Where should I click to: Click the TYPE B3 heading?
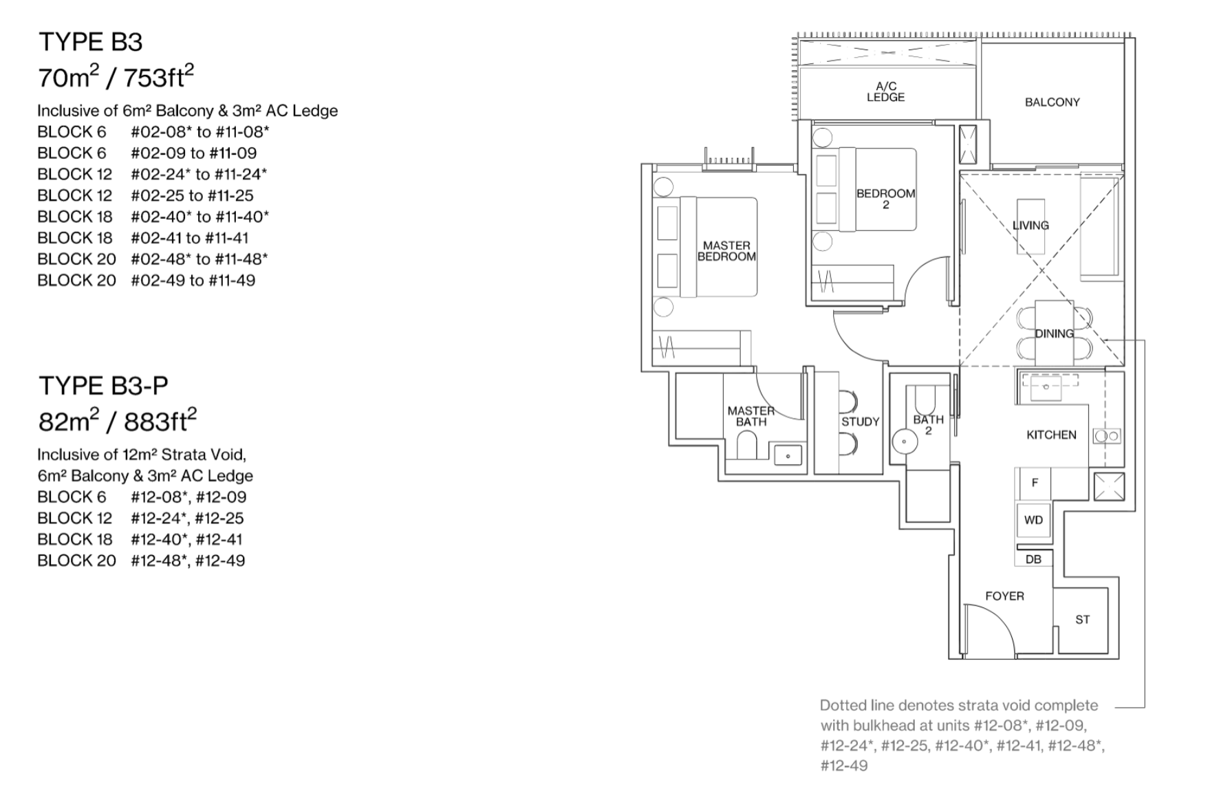point(90,43)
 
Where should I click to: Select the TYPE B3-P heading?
point(103,386)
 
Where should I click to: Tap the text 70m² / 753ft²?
point(116,77)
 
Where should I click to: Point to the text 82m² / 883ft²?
point(117,420)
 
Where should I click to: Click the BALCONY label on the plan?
point(1052,102)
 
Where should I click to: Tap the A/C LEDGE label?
point(885,92)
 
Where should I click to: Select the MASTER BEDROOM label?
point(726,251)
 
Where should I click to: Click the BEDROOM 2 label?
point(885,199)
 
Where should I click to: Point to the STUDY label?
point(860,422)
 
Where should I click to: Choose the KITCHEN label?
point(1051,435)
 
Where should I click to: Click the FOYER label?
point(1004,596)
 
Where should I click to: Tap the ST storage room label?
point(1082,620)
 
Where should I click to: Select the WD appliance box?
point(1033,521)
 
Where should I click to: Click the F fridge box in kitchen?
point(1034,483)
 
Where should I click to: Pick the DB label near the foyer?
point(1033,559)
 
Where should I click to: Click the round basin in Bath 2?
point(903,440)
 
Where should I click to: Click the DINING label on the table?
point(1054,334)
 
